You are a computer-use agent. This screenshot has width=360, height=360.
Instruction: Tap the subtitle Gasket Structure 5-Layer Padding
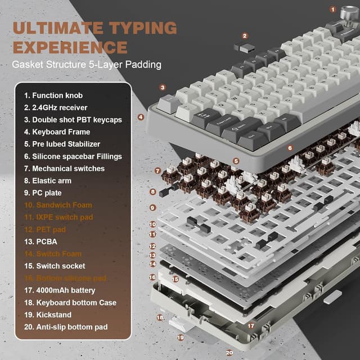pos(87,65)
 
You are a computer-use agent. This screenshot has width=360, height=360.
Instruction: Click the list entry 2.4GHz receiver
pos(60,107)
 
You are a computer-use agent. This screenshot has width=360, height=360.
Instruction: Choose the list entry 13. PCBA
pos(43,241)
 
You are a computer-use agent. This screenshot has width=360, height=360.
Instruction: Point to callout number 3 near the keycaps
pos(163,87)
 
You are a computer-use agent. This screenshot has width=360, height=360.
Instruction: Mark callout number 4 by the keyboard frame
pos(141,118)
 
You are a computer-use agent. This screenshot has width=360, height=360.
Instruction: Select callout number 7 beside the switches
pos(157,170)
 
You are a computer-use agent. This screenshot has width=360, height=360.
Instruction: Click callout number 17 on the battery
pos(251,325)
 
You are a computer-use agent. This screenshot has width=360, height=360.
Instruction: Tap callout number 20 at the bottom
pos(229,353)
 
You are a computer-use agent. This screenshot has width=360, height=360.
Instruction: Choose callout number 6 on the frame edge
pos(290,148)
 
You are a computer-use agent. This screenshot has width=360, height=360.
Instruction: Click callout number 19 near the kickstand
pos(180,337)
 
